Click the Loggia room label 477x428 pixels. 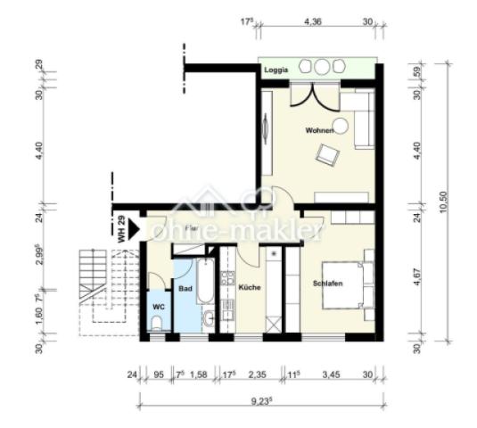click(x=276, y=70)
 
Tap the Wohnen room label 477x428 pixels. click(x=319, y=131)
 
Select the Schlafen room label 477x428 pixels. click(x=327, y=284)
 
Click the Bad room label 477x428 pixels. click(x=185, y=290)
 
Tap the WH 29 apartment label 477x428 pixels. click(x=121, y=229)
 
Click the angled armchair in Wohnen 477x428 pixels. click(x=328, y=155)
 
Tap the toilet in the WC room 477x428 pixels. click(x=157, y=327)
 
